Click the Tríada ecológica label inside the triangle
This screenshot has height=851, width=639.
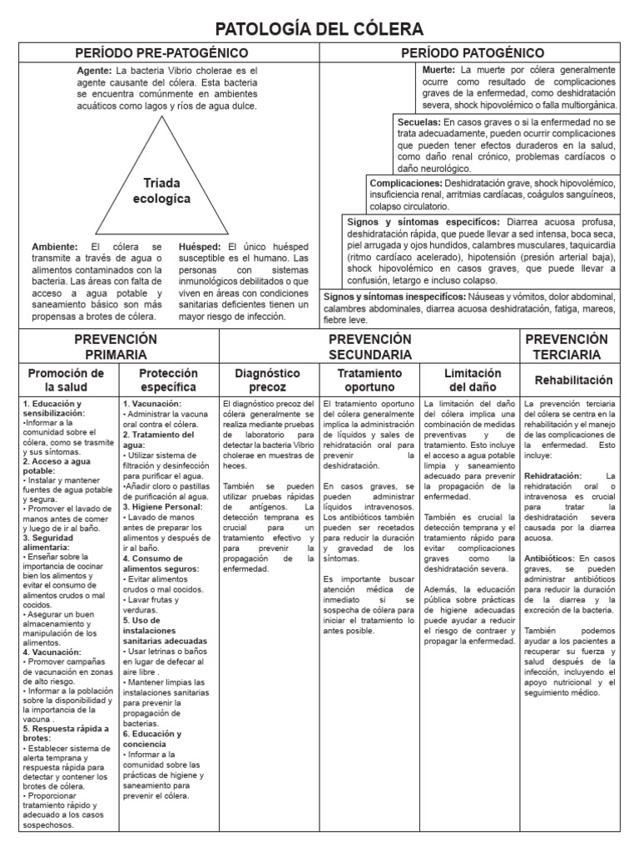coord(161,190)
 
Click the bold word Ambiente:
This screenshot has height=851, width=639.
coord(55,247)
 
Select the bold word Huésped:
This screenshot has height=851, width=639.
coord(200,247)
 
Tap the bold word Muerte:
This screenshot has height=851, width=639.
coord(438,71)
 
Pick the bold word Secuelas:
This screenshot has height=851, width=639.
coord(419,121)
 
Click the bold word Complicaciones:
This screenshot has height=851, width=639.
coord(406,183)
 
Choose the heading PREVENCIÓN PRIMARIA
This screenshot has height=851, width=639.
coord(116,347)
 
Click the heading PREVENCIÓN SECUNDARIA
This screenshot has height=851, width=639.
coord(369,347)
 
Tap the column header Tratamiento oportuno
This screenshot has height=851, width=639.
coord(369,380)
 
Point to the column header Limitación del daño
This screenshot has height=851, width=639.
coord(472,380)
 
